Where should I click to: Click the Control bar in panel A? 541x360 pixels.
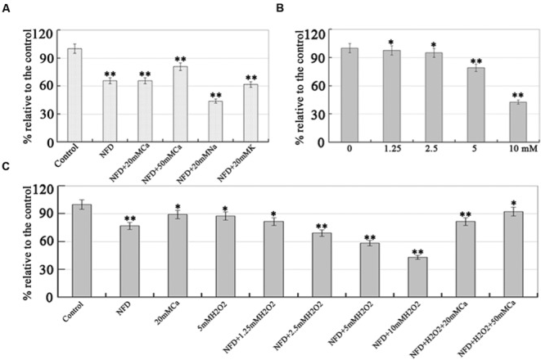pyautogui.click(x=74, y=95)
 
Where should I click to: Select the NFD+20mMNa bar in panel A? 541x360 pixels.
pyautogui.click(x=215, y=121)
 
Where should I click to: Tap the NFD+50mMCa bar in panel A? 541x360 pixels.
pyautogui.click(x=180, y=104)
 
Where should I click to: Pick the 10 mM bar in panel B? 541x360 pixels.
pyautogui.click(x=518, y=122)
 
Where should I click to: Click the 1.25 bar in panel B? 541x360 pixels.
pyautogui.click(x=391, y=96)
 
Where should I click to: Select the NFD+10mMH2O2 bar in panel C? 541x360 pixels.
pyautogui.click(x=417, y=277)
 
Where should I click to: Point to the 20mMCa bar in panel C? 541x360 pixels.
pyautogui.click(x=178, y=255)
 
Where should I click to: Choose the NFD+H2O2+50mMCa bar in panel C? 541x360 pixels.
pyautogui.click(x=513, y=254)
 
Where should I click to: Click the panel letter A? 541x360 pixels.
pyautogui.click(x=6, y=9)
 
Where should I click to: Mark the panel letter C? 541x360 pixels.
pyautogui.click(x=6, y=166)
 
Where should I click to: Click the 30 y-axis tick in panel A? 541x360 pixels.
pyautogui.click(x=47, y=115)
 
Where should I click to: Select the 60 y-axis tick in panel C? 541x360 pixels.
pyautogui.click(x=47, y=241)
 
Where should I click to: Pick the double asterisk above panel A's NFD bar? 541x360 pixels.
pyautogui.click(x=110, y=74)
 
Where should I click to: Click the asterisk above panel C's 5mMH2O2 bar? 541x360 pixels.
pyautogui.click(x=225, y=209)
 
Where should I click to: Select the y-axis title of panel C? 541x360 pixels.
pyautogui.click(x=27, y=243)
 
